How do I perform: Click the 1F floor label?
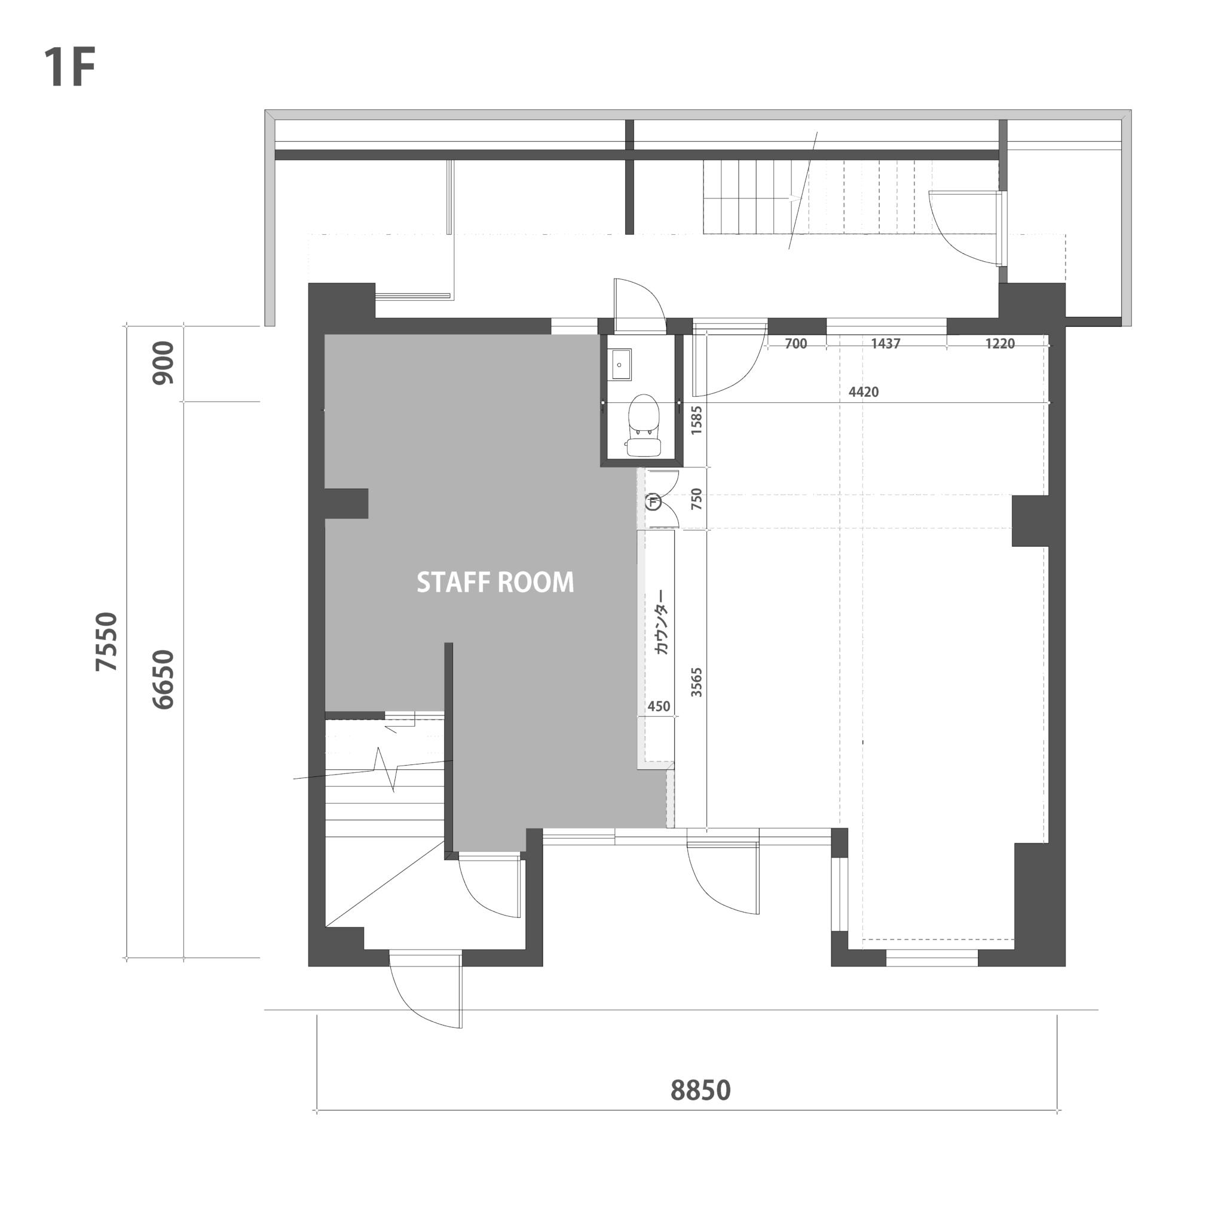pos(70,67)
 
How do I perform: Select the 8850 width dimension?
pos(700,1090)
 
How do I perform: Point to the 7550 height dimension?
pos(106,641)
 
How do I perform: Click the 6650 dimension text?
pos(163,679)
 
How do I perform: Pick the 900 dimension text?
pos(163,363)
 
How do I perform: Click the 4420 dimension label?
pos(864,392)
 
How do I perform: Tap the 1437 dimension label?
pos(886,344)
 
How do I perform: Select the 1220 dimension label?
pos(1000,344)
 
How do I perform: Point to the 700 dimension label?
pos(795,344)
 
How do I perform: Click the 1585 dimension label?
pos(696,420)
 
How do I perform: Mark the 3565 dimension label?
pos(696,683)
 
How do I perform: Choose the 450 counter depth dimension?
pos(659,706)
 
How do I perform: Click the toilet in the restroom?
pos(644,425)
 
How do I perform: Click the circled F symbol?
pos(653,503)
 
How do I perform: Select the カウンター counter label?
pos(662,622)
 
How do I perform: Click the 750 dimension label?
pos(696,499)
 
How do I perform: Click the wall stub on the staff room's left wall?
pos(347,504)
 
